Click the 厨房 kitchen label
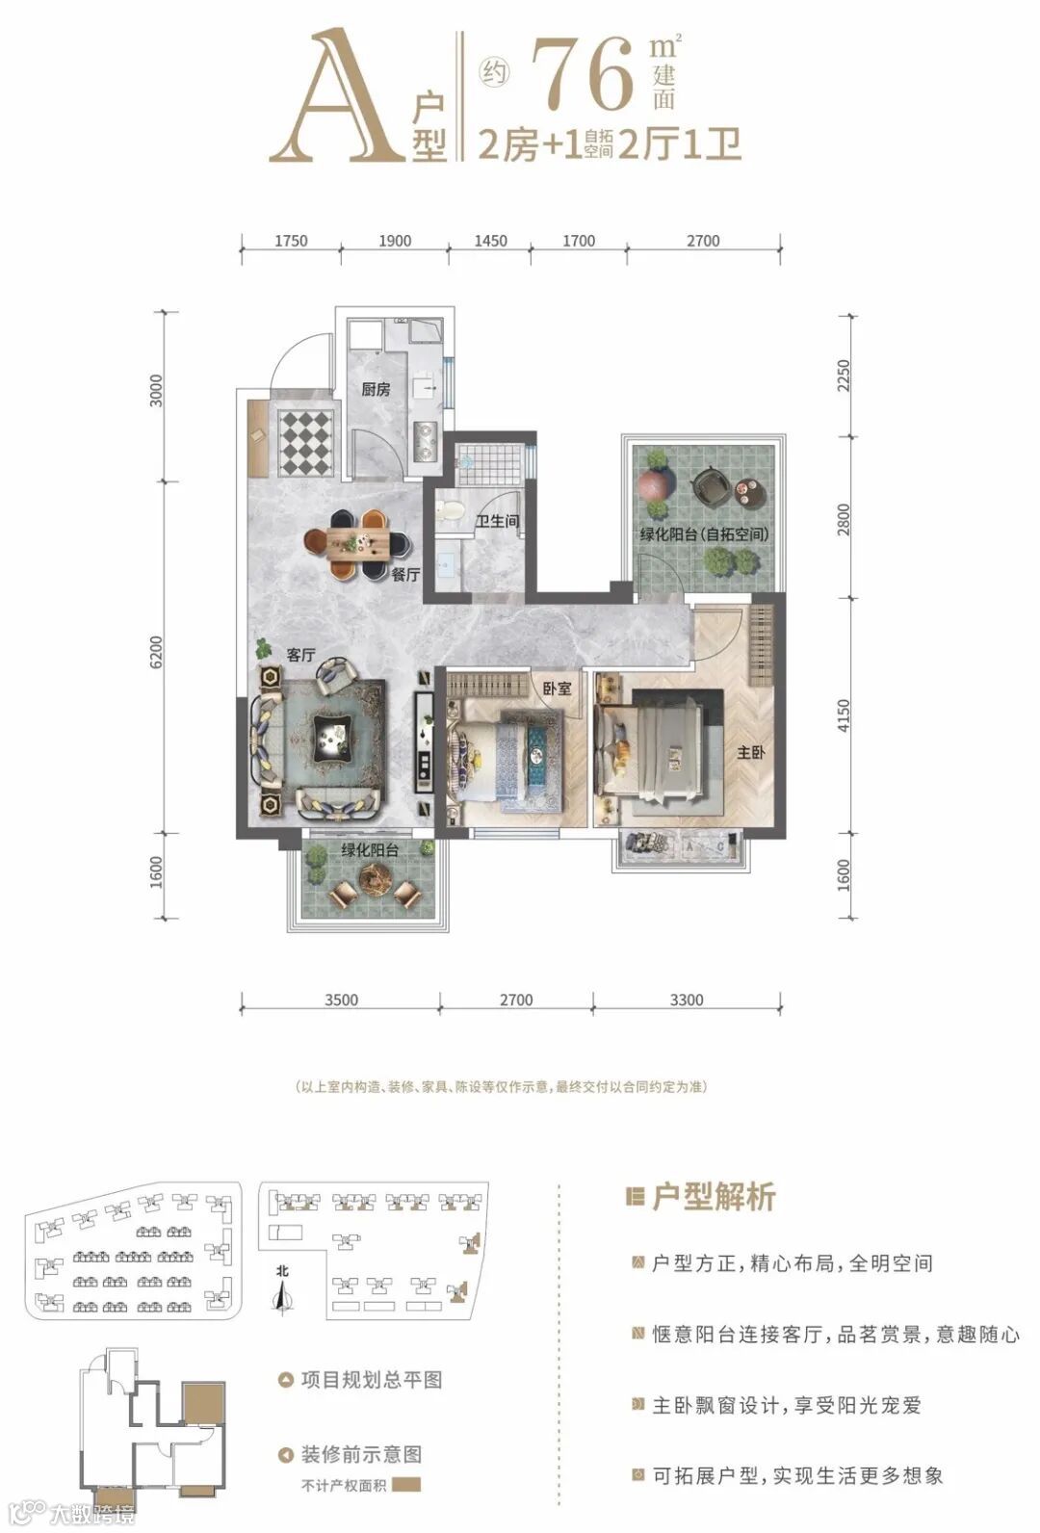(x=376, y=389)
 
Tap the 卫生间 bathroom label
(x=498, y=521)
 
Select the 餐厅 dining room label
(x=405, y=575)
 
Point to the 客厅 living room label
(x=301, y=655)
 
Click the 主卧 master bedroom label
(x=750, y=753)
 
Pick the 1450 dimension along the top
(x=490, y=241)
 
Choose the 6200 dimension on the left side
(x=157, y=652)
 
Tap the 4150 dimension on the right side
(x=844, y=715)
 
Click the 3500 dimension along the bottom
(x=342, y=1000)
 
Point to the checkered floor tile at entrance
(x=307, y=442)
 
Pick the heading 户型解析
(x=715, y=1197)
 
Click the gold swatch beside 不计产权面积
(x=407, y=1485)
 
